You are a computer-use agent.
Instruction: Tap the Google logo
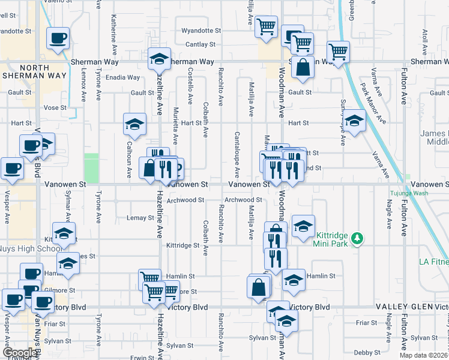(x=19, y=353)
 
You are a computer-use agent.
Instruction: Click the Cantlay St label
(x=200, y=44)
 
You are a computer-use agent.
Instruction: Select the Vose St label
(x=54, y=107)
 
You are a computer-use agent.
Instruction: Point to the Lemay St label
(x=143, y=218)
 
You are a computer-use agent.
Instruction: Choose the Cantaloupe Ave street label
(x=237, y=154)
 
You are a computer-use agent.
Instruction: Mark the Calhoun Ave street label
(x=129, y=159)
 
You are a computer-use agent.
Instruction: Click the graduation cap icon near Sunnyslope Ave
(x=354, y=121)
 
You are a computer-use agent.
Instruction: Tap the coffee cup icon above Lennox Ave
(x=58, y=38)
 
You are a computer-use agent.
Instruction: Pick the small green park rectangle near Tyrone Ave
(x=91, y=168)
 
